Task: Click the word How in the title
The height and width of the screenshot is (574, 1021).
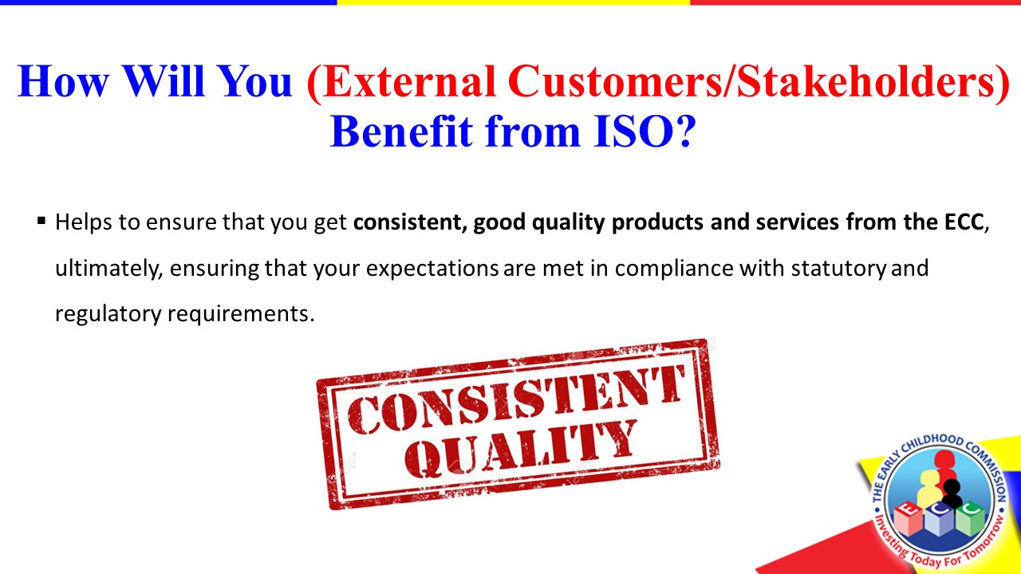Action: coord(63,81)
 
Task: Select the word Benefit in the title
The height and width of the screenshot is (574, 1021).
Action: coord(401,132)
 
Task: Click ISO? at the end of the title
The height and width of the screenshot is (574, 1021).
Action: coord(645,132)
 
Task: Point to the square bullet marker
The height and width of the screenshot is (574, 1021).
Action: coord(41,222)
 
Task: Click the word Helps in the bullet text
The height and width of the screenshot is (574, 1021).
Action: coord(84,222)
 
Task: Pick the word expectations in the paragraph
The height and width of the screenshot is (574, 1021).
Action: coord(432,269)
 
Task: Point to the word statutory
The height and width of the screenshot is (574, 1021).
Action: coord(838,269)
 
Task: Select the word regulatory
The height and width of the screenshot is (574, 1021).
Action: coord(108,314)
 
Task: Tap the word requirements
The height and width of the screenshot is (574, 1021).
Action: coord(241,313)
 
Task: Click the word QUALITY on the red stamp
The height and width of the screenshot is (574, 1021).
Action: coord(521,449)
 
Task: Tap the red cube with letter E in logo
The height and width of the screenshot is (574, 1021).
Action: coord(909,518)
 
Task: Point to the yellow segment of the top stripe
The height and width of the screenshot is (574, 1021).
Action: coord(514,2)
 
